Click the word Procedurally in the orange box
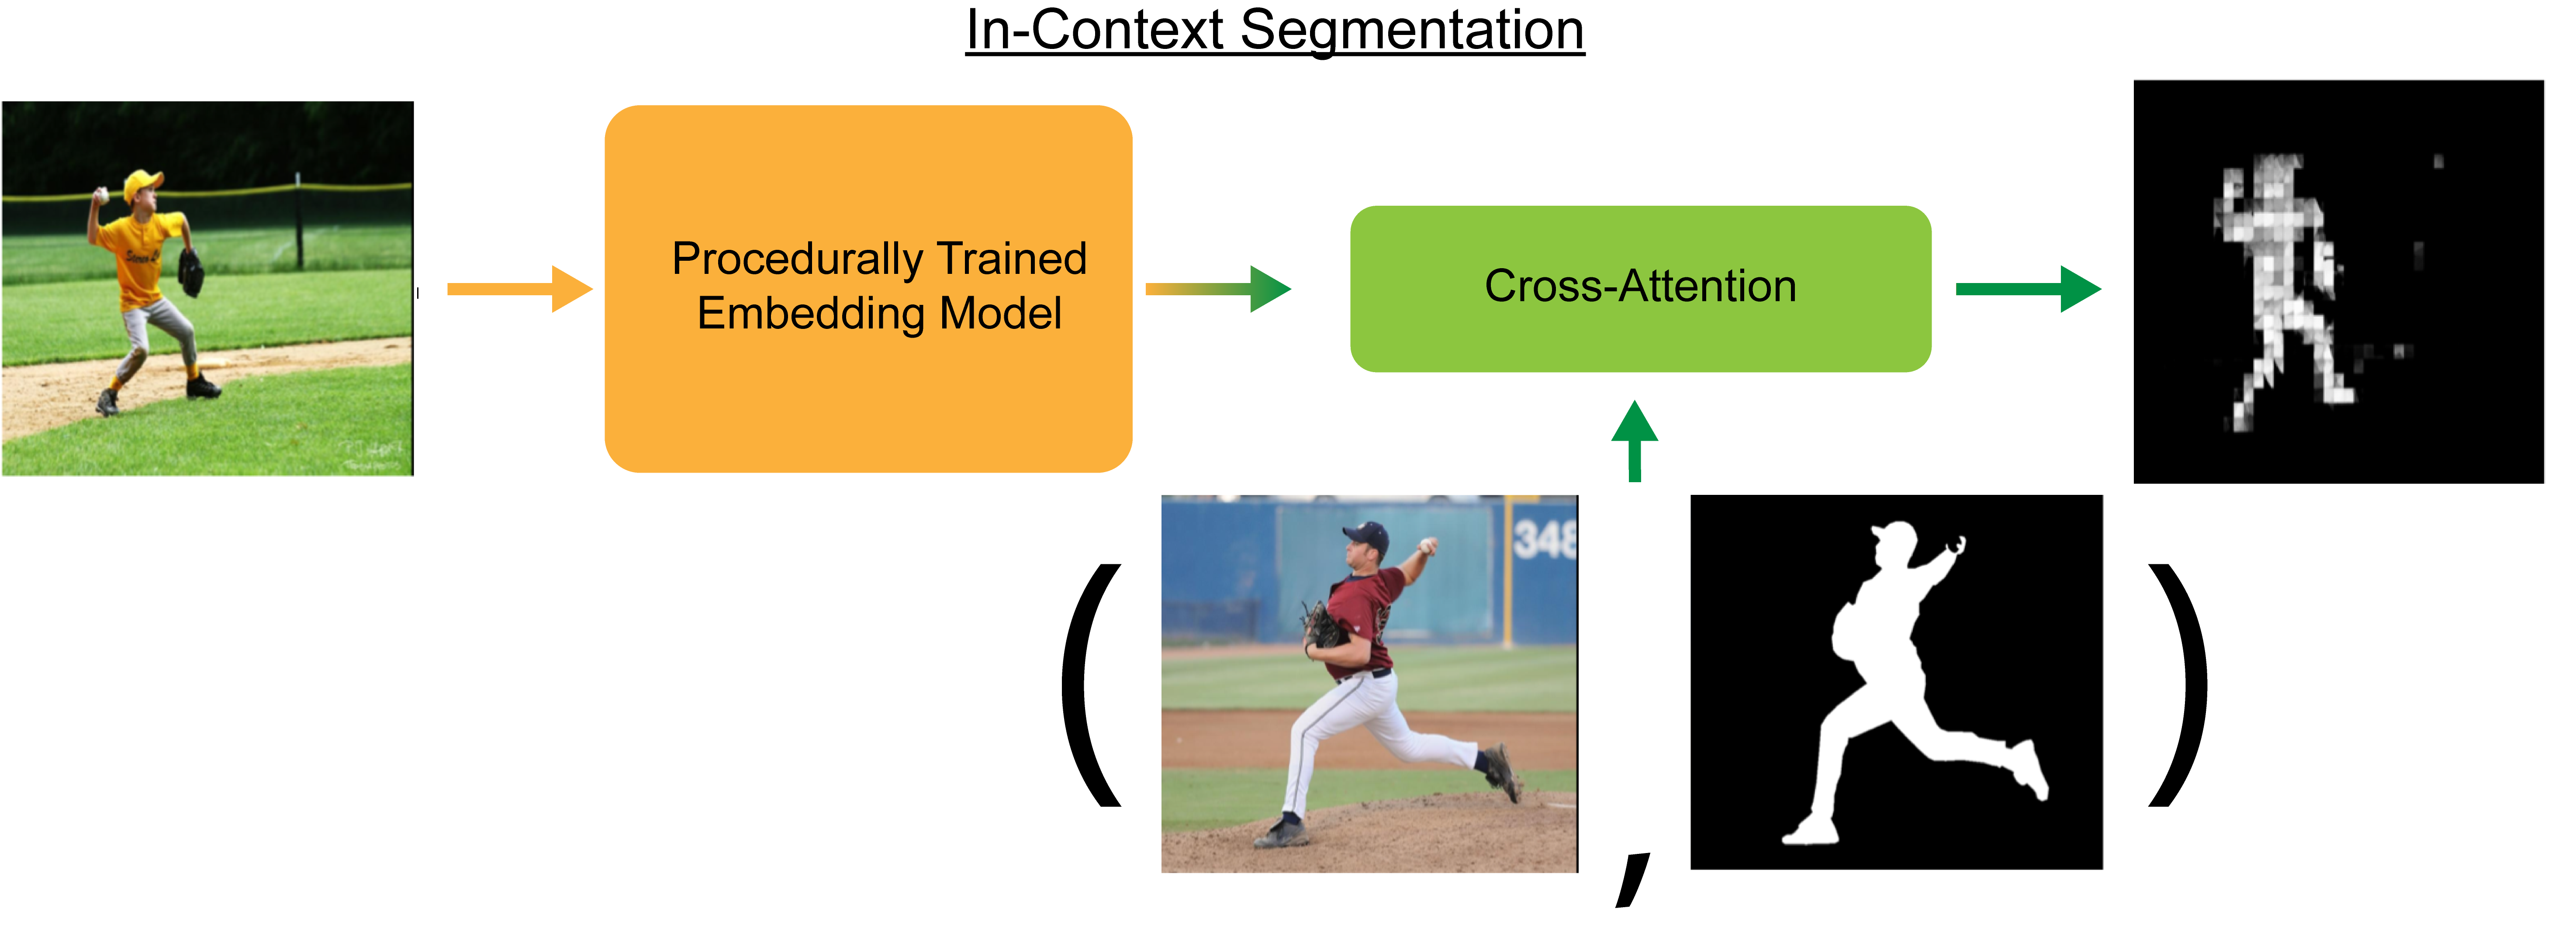(x=800, y=259)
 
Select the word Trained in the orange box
(x=1011, y=259)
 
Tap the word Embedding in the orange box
(x=812, y=314)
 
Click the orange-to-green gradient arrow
(x=1218, y=289)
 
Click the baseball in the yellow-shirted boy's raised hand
(x=101, y=196)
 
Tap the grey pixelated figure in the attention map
(x=2278, y=287)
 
